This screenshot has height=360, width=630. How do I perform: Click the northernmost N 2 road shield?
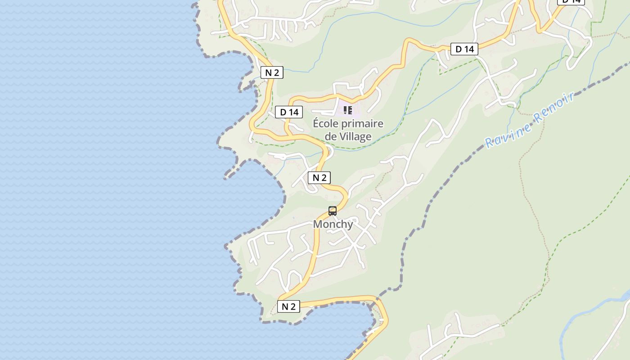pos(272,72)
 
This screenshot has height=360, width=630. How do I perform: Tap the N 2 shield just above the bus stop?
pos(319,178)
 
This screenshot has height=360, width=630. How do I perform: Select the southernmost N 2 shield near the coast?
pos(288,306)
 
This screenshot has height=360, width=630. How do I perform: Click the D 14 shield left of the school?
pos(289,112)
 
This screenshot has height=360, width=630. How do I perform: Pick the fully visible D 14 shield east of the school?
pos(464,49)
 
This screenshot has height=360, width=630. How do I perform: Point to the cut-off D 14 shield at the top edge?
pos(571,1)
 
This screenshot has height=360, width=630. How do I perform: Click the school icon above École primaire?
pos(347,110)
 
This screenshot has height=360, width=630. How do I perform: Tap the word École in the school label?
pos(327,124)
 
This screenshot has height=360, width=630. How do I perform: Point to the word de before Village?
pos(330,136)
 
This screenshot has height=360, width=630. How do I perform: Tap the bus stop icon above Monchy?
pos(333,211)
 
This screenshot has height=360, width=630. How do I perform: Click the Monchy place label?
pos(333,224)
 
